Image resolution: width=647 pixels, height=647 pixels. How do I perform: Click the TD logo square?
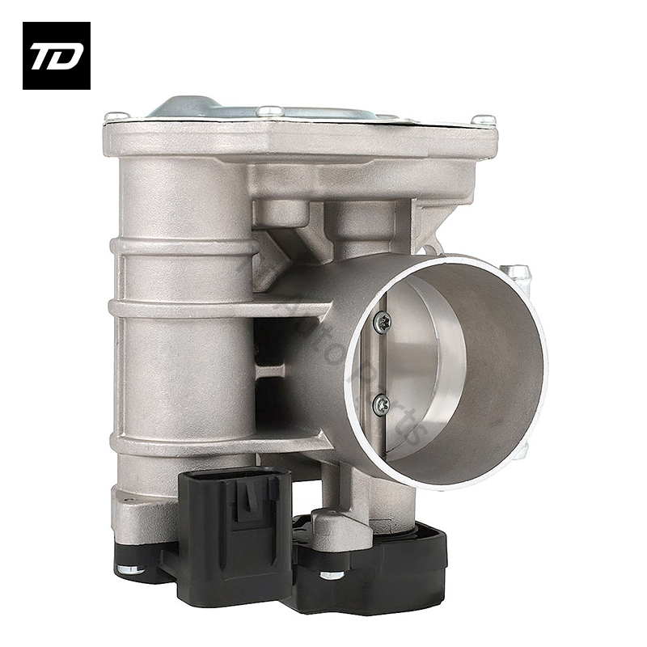(x=57, y=56)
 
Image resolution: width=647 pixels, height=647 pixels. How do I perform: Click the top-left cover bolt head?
(x=116, y=117)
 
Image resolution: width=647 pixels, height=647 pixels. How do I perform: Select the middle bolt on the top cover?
(x=270, y=111)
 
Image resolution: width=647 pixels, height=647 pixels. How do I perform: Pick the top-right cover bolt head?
(x=484, y=120)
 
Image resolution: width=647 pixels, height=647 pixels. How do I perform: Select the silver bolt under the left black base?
(x=129, y=569)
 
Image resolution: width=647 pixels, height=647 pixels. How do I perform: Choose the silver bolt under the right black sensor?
(x=331, y=575)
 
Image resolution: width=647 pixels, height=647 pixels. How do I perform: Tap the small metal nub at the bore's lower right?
(x=522, y=450)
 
